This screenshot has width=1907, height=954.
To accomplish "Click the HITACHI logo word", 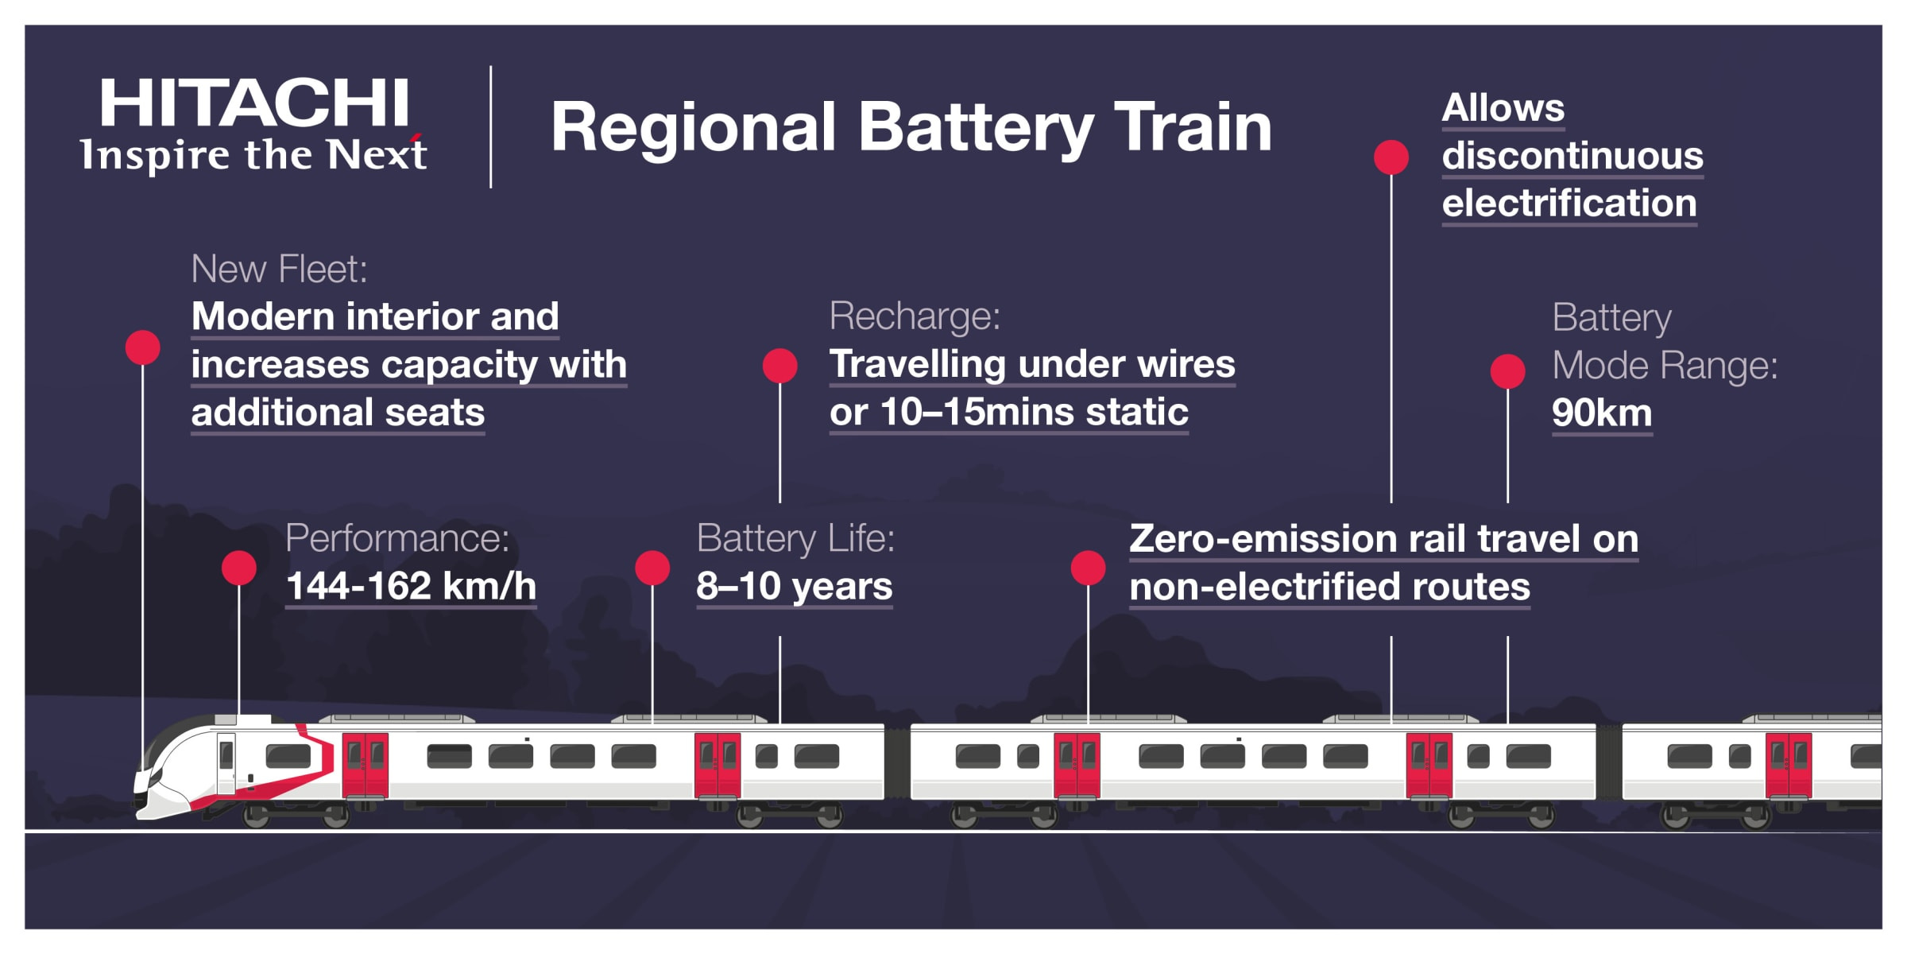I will coord(254,103).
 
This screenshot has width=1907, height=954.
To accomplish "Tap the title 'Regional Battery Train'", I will coord(911,127).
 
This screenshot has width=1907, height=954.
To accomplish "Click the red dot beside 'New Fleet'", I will coord(143,347).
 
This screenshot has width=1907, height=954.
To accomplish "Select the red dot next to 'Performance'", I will coord(238,568).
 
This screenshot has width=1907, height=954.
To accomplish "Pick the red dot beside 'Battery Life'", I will coord(652,568).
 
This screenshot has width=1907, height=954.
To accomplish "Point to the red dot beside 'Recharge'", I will coord(779,366).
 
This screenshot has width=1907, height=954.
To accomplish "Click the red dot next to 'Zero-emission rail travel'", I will coord(1088,568).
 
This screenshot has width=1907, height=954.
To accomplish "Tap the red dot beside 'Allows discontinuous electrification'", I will coord(1391,157).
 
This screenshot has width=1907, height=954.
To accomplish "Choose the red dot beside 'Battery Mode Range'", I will coord(1507,371).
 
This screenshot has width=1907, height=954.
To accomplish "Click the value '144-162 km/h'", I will coord(411,587).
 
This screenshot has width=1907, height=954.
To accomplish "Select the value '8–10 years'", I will coord(794,587).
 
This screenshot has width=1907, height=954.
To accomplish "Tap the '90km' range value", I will coord(1601,413).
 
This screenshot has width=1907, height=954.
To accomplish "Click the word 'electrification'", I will coord(1569,204).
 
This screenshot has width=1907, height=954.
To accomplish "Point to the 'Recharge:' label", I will coord(915,316).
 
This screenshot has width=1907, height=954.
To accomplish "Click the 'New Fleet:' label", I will coord(279,270).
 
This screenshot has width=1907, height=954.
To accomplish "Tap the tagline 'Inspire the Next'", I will coord(253,155).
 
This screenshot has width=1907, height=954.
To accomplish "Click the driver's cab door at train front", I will coord(226,763).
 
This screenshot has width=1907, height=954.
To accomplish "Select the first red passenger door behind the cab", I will coord(365,765).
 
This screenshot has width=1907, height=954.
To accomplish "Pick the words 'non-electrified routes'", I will coord(1329,588).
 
